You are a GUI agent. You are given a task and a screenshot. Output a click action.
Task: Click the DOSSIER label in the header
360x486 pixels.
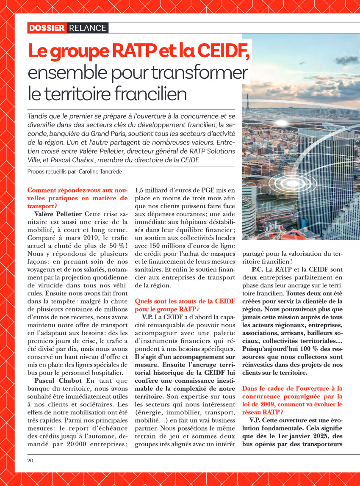(47, 28)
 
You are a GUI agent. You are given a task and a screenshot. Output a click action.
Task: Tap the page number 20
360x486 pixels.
(30, 461)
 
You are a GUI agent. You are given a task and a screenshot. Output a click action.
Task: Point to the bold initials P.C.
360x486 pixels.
(258, 269)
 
